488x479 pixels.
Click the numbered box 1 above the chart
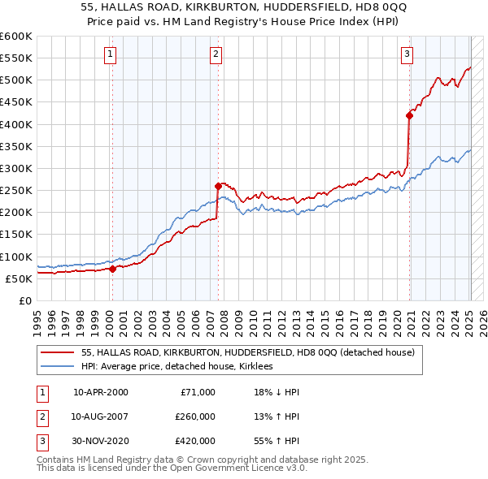point(110,54)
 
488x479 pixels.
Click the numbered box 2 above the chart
point(216,54)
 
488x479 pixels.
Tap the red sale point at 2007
point(218,186)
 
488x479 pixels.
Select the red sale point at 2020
point(409,115)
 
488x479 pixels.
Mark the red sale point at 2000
point(112,270)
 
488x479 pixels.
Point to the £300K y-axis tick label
point(16,168)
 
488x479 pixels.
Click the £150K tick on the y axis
point(16,235)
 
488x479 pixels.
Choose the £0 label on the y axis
point(25,300)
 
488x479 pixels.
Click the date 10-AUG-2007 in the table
point(101,416)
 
